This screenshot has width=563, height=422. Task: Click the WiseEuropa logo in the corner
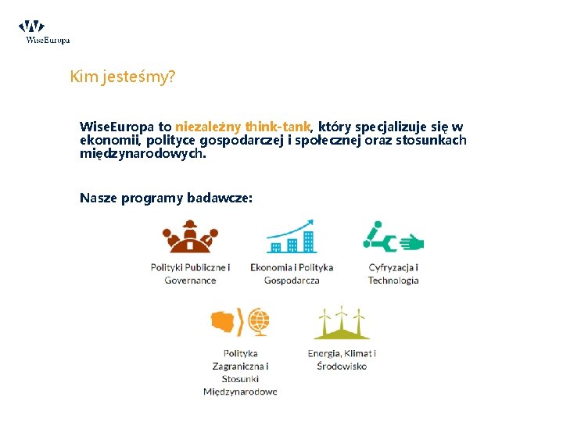pos(45,32)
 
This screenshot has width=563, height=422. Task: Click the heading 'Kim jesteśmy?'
pos(122,77)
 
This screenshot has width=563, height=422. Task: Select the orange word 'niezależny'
pos(208,126)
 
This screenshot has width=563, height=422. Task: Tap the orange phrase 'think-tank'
pos(278,126)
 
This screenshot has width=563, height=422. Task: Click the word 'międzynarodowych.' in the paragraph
pos(143,153)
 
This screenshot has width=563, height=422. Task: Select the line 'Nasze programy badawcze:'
pos(166,198)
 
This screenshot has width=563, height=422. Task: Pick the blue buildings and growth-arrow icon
pos(291,237)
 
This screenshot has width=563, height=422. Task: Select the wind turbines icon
pos(342,323)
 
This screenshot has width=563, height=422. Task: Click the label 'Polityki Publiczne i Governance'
pos(190,274)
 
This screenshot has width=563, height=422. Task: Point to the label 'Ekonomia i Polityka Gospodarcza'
pos(292,274)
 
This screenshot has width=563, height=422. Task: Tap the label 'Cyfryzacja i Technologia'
pos(393,274)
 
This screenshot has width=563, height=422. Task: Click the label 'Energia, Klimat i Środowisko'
pos(342,359)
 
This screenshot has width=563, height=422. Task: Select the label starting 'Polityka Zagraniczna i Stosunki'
pos(240,372)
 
